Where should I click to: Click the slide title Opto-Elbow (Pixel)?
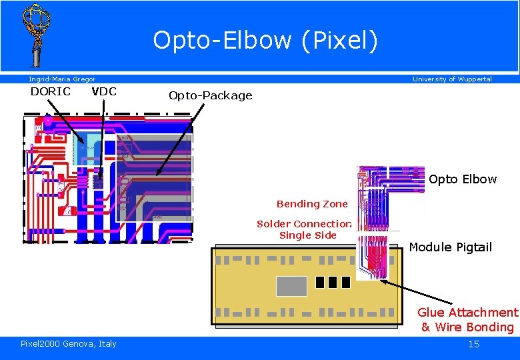(x=265, y=41)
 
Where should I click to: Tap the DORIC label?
(x=50, y=91)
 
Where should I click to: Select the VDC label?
(x=103, y=91)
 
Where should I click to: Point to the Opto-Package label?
(x=210, y=95)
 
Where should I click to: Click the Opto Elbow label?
(x=463, y=179)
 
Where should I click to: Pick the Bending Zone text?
(x=312, y=204)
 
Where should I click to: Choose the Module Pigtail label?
(x=450, y=247)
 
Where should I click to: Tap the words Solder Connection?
(x=305, y=224)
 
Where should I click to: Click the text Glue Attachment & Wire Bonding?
(x=467, y=319)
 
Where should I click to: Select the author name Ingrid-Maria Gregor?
(x=62, y=79)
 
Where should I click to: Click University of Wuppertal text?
(x=452, y=79)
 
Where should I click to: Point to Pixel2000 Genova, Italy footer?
(x=69, y=343)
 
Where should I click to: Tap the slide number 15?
(x=474, y=344)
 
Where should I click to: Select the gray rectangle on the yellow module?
(x=291, y=285)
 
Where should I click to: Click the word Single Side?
(x=307, y=235)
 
